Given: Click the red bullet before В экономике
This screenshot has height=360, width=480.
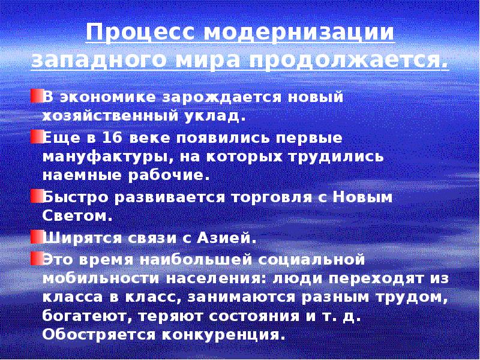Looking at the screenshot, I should pyautogui.click(x=36, y=97).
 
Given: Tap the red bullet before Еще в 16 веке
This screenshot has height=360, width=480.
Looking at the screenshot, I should pyautogui.click(x=36, y=138).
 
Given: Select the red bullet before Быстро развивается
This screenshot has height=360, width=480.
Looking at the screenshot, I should pyautogui.click(x=36, y=196).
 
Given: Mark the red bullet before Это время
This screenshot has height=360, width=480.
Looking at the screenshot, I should pyautogui.click(x=36, y=259).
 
